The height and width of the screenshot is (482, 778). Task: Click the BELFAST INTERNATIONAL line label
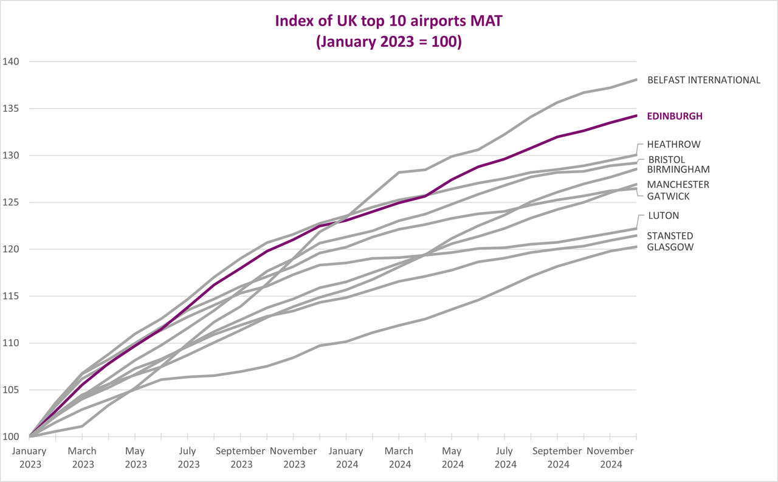704,80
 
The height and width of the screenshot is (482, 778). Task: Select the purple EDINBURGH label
675,116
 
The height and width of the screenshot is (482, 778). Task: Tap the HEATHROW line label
673,144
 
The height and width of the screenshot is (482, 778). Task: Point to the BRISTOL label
667,159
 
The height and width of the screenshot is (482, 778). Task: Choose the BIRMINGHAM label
678,169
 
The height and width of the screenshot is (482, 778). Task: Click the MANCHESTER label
678,184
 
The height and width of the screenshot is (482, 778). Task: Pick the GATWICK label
668,196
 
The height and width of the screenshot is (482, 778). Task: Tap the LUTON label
663,215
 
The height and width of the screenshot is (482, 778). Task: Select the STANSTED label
670,236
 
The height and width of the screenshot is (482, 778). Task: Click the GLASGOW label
670,247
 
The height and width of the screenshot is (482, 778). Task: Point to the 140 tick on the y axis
11,62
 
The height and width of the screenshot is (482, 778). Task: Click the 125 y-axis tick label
11,202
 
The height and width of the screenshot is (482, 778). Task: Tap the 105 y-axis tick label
11,390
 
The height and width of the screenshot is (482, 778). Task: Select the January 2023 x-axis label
30,457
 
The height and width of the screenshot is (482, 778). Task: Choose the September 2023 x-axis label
240,457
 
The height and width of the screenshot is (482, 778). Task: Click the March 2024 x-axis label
399,457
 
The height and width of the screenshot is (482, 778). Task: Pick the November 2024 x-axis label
610,457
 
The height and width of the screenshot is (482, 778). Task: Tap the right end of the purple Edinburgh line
636,115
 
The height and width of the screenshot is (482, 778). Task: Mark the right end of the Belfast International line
636,80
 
